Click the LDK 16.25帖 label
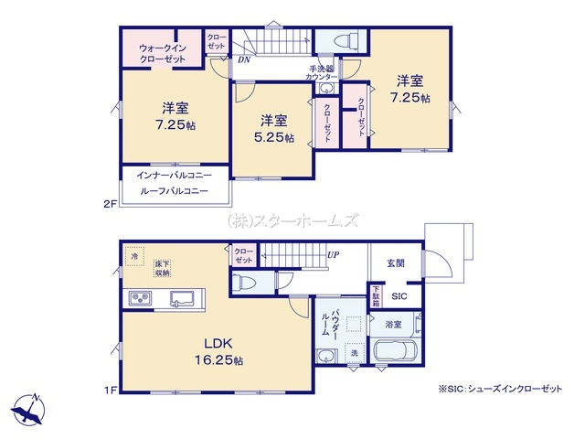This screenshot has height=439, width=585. click(x=218, y=351)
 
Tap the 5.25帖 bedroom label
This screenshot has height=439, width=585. click(x=274, y=129)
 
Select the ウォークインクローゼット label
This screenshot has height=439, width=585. click(x=163, y=53)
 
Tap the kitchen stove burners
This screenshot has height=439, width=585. click(x=140, y=298)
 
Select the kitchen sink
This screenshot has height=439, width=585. click(x=182, y=299)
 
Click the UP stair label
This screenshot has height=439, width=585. click(x=333, y=254)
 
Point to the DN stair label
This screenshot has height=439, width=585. click(x=244, y=59)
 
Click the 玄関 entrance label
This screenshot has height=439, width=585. click(x=395, y=263)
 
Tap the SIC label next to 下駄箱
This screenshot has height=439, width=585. click(x=399, y=296)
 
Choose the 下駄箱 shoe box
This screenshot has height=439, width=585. click(x=376, y=296)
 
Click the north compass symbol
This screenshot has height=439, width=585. click(x=28, y=409)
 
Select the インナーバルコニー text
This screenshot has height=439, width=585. click(x=174, y=175)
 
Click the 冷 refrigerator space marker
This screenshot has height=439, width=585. click(x=134, y=256)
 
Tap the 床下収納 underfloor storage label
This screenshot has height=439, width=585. click(x=163, y=268)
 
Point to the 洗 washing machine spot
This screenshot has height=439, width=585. click(x=354, y=352)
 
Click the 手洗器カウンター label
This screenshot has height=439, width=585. click(x=321, y=73)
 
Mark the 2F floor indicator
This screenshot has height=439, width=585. click(x=110, y=204)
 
